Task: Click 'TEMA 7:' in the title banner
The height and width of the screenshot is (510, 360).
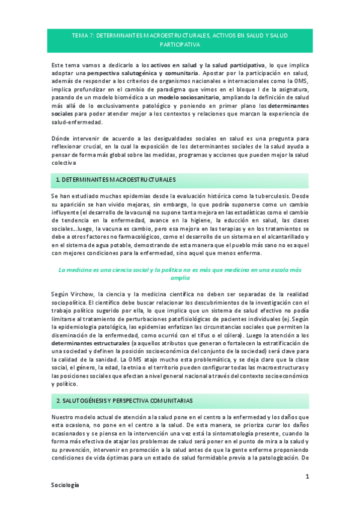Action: tap(82, 35)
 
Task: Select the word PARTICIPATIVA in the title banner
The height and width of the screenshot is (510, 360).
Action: tap(180, 45)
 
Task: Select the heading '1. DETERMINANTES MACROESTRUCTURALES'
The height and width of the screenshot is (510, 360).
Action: tap(116, 180)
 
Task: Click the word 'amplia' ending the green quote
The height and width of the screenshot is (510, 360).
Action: tap(180, 278)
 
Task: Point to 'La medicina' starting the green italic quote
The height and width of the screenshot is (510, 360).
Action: tap(74, 270)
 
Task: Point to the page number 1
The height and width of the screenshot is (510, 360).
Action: tap(307, 476)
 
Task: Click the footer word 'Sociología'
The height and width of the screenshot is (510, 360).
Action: tap(64, 484)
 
